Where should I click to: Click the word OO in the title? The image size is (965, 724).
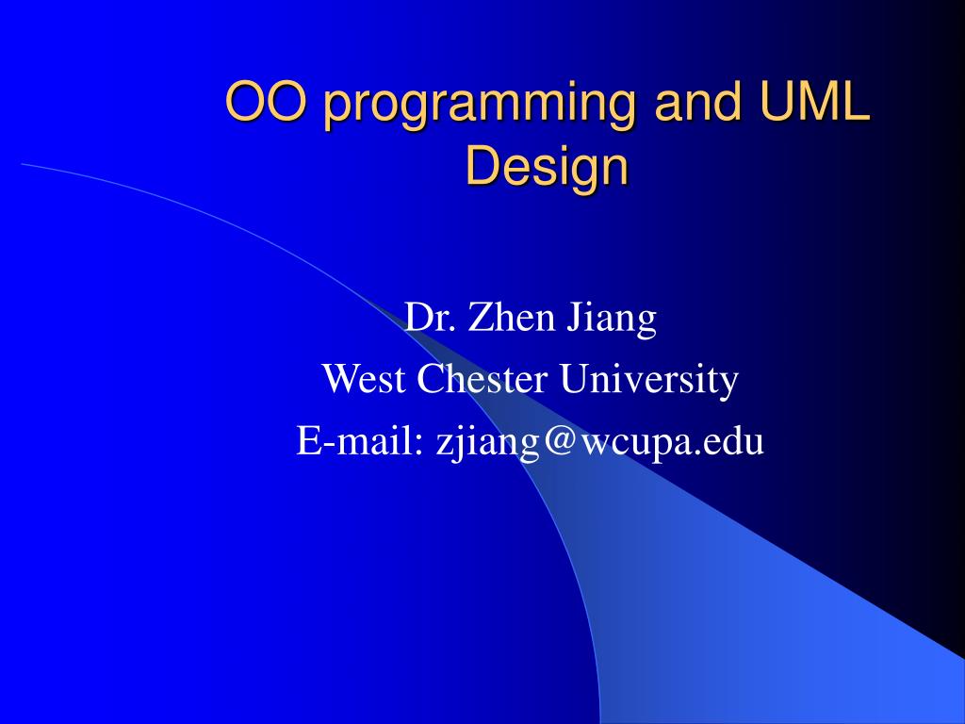(265, 103)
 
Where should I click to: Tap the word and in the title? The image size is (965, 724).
(669, 103)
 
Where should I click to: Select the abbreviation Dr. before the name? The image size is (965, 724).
(429, 318)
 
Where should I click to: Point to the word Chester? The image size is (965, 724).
(482, 380)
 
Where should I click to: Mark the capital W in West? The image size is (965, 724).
(337, 380)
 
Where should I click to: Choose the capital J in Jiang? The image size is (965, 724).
(574, 318)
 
